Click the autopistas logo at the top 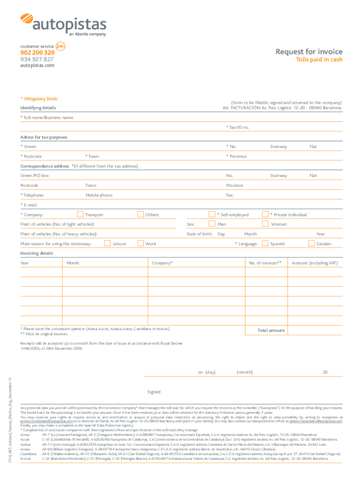tap(63, 24)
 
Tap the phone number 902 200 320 tap(37, 53)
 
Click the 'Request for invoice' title tap(309, 52)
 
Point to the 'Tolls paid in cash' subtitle tap(320, 60)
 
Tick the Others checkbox tap(140, 215)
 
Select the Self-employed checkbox tap(212, 215)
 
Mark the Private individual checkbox tap(265, 215)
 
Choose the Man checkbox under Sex tap(212, 224)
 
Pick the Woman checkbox tap(265, 224)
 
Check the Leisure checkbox tap(108, 243)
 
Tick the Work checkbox tap(140, 243)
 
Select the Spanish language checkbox tap(265, 243)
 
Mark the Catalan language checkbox tap(311, 243)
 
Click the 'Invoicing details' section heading tap(36, 253)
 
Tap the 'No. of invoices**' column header tap(265, 263)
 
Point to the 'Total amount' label tap(271, 330)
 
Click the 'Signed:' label tap(154, 392)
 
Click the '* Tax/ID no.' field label tap(238, 127)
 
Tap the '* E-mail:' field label tap(29, 205)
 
